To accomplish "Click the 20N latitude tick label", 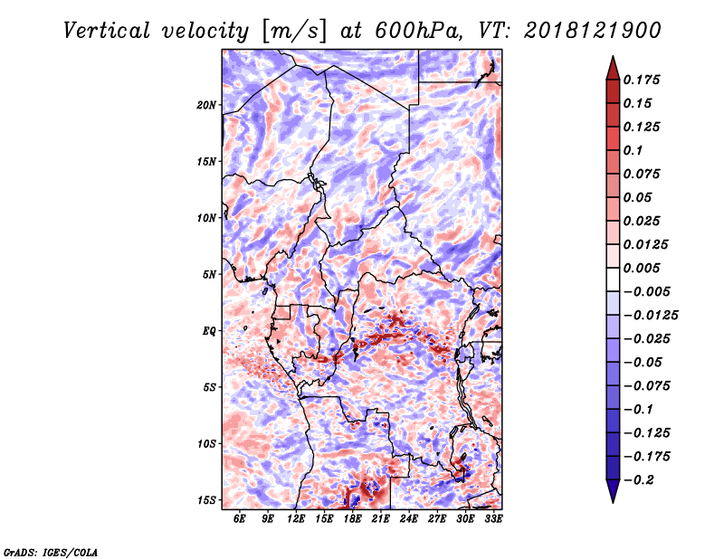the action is coord(206,105).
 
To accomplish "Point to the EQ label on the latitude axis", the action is coord(209,331).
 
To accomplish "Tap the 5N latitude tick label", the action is coord(209,275).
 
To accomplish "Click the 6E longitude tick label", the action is coord(239,518).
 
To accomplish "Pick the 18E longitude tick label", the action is coord(352,518).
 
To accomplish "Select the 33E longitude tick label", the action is coord(493,518).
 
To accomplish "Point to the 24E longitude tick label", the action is coord(409,518).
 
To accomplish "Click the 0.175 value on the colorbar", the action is coord(642,80).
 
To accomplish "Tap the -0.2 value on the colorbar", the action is coord(639,480).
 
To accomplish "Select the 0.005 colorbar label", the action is coord(642,268).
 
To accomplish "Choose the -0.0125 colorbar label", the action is coord(651,316).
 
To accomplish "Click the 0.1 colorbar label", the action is coord(633,150).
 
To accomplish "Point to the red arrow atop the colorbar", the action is coord(613,68).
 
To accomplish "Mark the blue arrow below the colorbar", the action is coord(613,491).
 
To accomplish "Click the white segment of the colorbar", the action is coord(613,279).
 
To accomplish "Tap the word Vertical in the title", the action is coord(107,31).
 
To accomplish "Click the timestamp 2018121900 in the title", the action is coord(593,31).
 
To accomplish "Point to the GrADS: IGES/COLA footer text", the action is coord(51,552).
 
